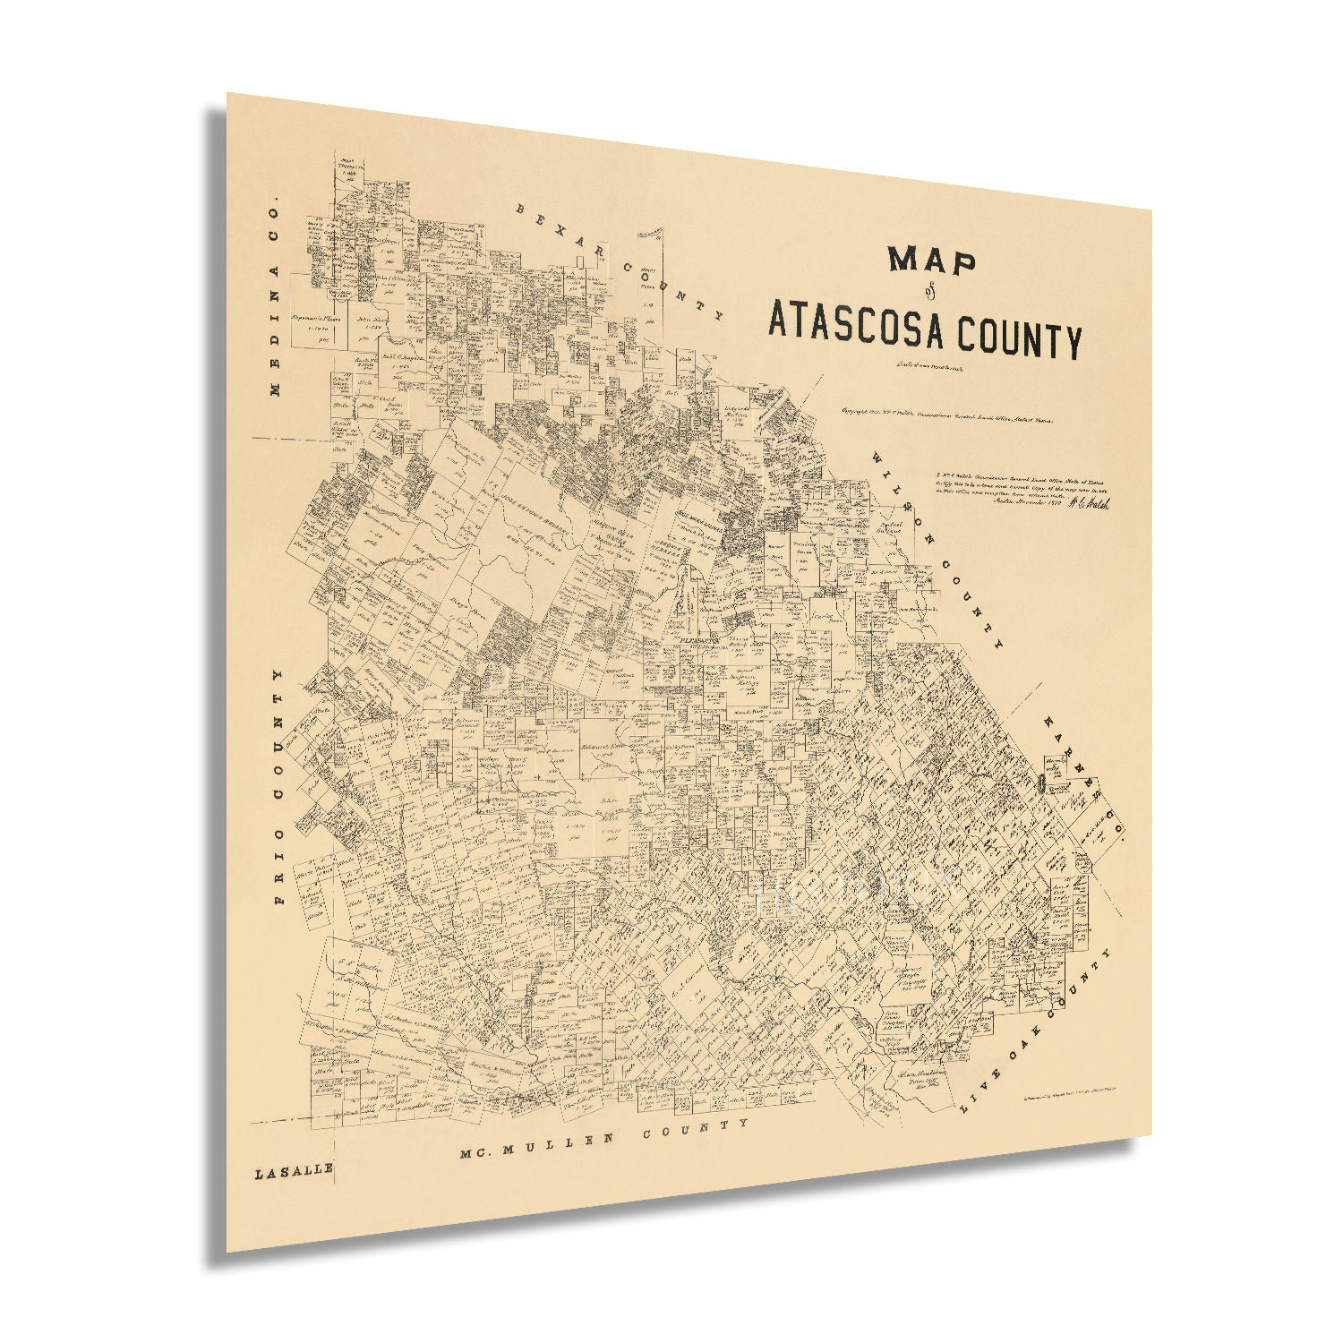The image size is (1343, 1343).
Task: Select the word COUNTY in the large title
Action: pos(1020,338)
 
